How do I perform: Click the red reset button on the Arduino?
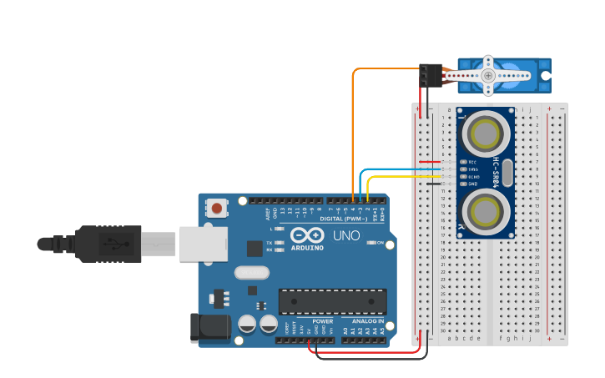(x=218, y=208)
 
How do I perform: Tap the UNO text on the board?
(x=346, y=236)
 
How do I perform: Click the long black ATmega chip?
(x=332, y=301)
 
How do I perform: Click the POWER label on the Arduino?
(x=322, y=321)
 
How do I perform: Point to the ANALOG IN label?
(x=368, y=321)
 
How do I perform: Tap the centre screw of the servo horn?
(x=487, y=76)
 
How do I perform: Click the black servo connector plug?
(x=431, y=75)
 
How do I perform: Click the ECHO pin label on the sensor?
(x=472, y=177)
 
